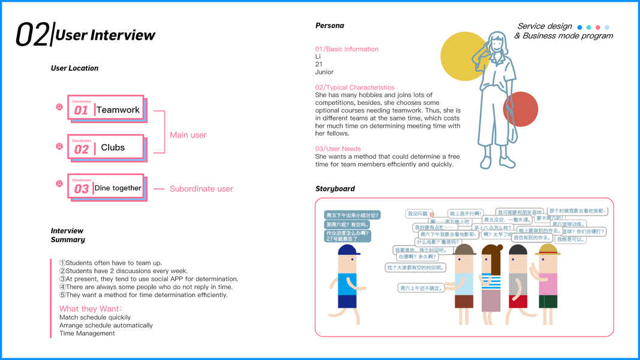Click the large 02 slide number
tap(32, 35)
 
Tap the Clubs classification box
tap(106, 147)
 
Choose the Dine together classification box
tap(107, 188)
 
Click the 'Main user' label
tap(188, 135)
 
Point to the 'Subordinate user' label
tap(201, 188)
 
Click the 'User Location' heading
tap(74, 68)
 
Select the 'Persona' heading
tap(329, 26)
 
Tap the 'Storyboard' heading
tap(335, 188)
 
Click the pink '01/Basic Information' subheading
tap(347, 49)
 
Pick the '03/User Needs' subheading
tap(338, 149)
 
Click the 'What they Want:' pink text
tap(90, 309)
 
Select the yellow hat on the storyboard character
tap(548, 249)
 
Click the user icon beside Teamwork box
tap(59, 107)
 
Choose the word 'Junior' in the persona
tap(324, 72)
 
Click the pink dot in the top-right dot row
tap(597, 28)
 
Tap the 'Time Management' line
tap(87, 334)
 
